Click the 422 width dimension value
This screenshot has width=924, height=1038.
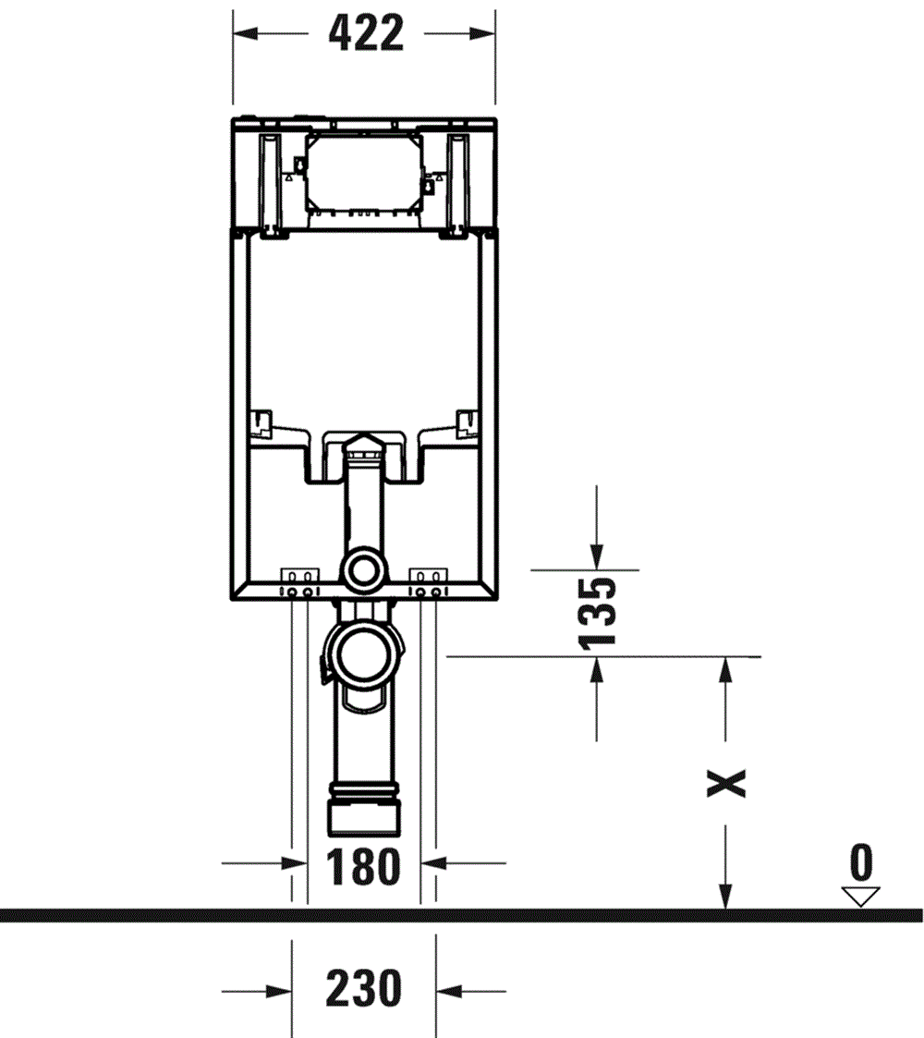(366, 34)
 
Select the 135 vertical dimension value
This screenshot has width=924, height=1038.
(597, 612)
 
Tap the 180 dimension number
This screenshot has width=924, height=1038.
(363, 866)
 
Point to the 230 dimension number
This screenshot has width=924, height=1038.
(363, 990)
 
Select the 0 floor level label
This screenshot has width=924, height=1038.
(860, 863)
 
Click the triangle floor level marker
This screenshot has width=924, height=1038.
(860, 895)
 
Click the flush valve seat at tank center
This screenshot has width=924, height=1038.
(364, 446)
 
